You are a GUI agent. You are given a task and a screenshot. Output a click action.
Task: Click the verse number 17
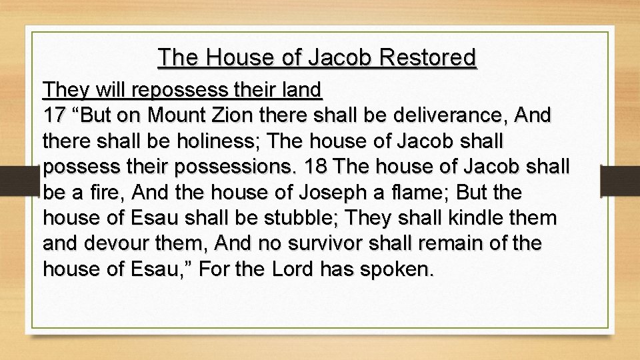(x=55, y=115)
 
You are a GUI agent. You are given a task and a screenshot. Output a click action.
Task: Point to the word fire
(x=106, y=193)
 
